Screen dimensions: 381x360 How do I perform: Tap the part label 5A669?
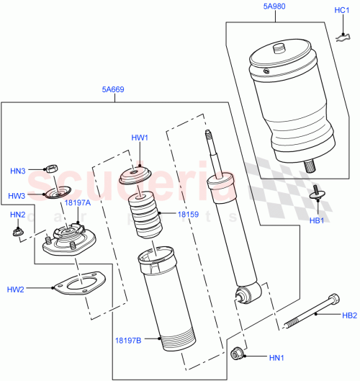(113, 90)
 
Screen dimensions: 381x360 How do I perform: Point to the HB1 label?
(317, 220)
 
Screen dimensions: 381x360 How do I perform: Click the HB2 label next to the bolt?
(349, 315)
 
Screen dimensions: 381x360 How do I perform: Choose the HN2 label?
(17, 215)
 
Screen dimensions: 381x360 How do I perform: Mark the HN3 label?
(17, 171)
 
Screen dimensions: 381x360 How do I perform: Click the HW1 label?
(139, 138)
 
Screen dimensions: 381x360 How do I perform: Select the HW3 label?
(17, 195)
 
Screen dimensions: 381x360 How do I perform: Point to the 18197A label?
(77, 203)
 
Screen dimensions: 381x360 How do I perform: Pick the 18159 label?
(168, 213)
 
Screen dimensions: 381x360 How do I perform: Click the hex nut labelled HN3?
(51, 169)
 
